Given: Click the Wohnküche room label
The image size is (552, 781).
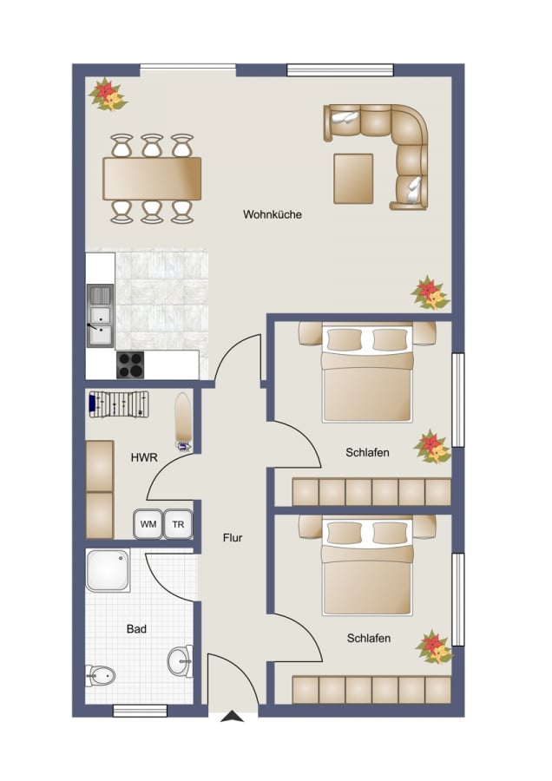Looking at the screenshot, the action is point(272,214).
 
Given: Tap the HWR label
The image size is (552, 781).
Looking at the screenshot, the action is point(144,457).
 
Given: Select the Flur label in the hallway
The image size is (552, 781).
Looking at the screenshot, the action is point(233,538).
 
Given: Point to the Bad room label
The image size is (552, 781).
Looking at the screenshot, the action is point(136,629).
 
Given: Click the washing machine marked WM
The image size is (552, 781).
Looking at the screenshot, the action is point(148,524).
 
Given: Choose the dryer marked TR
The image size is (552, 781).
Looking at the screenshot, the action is point(178,524).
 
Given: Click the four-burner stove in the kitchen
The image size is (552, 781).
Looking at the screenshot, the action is point(130,365).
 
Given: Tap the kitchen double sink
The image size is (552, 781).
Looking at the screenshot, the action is point(100,316).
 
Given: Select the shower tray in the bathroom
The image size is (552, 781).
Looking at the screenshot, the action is point(108,570).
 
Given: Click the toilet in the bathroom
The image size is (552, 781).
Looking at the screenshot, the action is point(100,676).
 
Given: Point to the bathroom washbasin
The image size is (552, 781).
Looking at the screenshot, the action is point(181,661).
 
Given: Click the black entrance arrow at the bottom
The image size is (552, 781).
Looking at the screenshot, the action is point(232,717).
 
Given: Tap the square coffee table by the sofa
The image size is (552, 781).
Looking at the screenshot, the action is point(353,179).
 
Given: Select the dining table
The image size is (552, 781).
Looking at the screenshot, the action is point(152,178).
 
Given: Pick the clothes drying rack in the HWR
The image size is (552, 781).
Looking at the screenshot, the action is point(119,404).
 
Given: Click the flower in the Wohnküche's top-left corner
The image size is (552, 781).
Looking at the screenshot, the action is point(108,94).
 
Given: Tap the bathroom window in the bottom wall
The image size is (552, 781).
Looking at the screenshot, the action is point(140,711).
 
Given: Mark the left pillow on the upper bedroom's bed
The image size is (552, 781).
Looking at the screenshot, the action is point(344,339).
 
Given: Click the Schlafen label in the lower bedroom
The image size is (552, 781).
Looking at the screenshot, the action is point(369,638).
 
